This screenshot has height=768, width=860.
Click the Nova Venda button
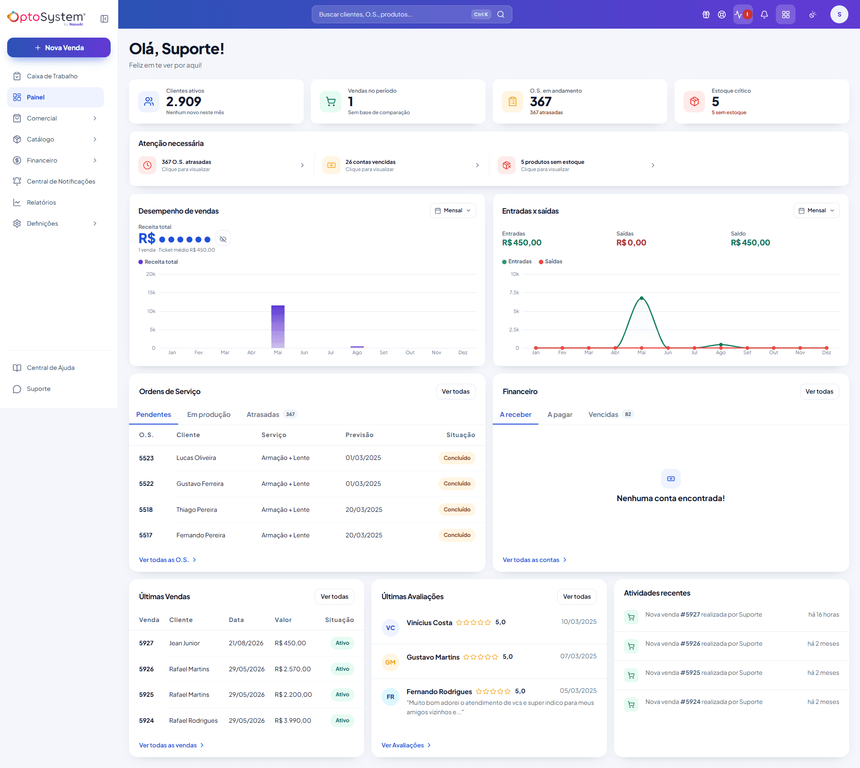[x=59, y=47]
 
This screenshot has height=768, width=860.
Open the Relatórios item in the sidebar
[x=41, y=202]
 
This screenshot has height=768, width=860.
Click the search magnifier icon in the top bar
[x=501, y=14]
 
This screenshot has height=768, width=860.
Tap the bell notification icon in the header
[x=764, y=14]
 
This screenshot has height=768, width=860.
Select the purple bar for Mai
[x=278, y=326]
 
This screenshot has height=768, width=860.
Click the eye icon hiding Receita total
[x=223, y=239]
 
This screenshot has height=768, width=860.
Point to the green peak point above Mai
[x=641, y=298]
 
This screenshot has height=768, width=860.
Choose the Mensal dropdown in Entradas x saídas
[x=817, y=210]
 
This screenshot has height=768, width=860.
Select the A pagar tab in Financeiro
[x=560, y=415]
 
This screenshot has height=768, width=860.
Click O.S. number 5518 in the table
[x=146, y=510]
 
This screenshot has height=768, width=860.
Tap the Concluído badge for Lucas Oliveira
[x=457, y=458]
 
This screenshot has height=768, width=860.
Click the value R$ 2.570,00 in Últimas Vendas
[x=292, y=669]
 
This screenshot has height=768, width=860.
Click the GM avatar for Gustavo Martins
[x=390, y=662]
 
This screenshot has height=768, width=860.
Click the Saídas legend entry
[x=550, y=262]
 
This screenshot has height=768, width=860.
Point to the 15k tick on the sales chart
[x=151, y=292]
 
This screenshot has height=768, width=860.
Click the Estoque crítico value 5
[x=715, y=102]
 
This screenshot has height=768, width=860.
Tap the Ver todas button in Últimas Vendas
[x=334, y=596]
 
